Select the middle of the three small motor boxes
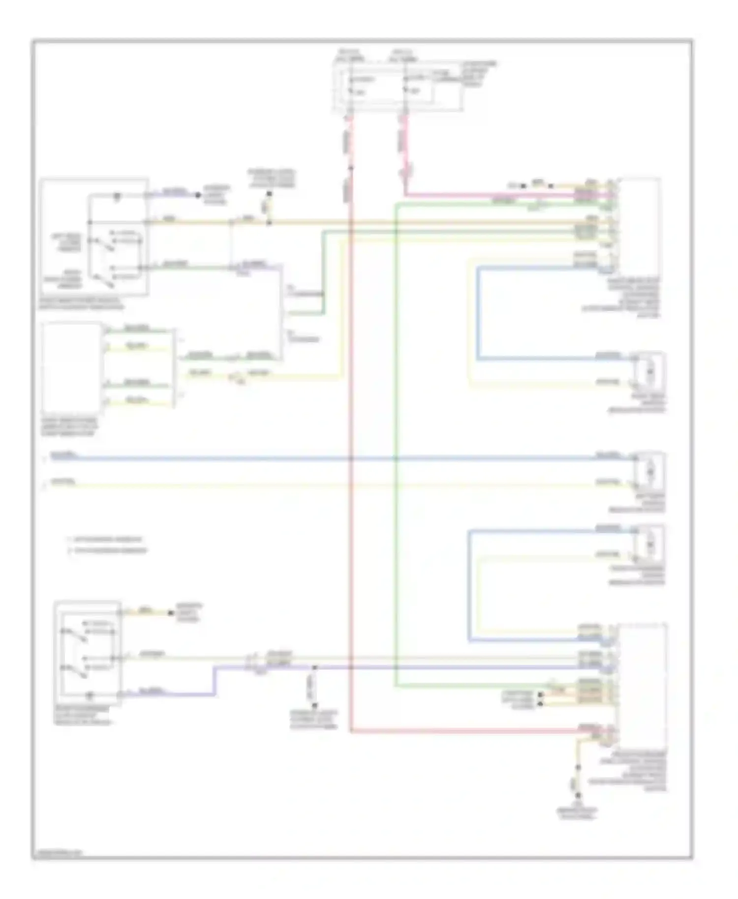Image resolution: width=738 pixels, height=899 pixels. (649, 471)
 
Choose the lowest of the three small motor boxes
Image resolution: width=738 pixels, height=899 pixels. (649, 544)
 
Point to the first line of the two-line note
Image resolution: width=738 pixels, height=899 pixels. (106, 539)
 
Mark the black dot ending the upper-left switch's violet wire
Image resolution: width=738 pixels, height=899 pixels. (198, 195)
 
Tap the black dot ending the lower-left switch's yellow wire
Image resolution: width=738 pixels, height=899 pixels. (171, 613)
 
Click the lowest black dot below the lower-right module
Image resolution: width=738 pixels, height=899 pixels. (578, 795)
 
